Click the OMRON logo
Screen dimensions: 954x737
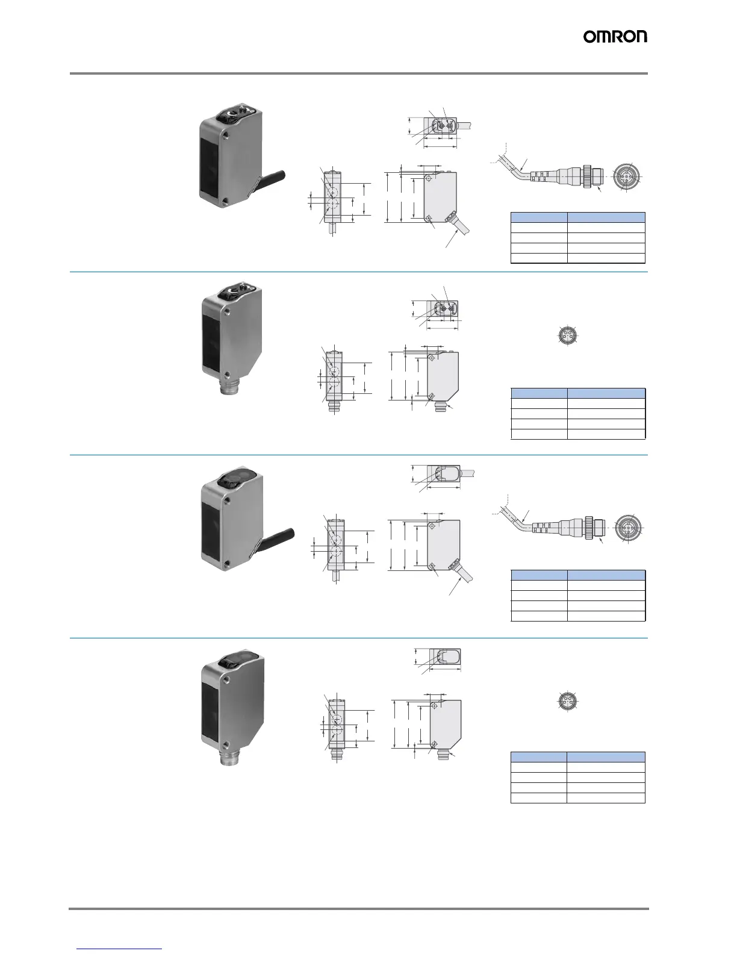coord(615,37)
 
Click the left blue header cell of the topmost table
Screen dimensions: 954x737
coord(538,217)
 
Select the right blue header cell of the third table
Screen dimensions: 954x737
coord(606,575)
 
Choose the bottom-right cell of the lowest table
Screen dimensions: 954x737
coord(606,798)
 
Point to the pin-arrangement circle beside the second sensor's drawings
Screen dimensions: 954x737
coord(568,335)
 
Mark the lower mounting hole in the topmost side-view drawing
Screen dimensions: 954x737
coord(428,218)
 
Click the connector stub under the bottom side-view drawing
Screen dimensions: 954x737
coord(443,755)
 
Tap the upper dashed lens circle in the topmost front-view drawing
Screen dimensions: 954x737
coord(332,191)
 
